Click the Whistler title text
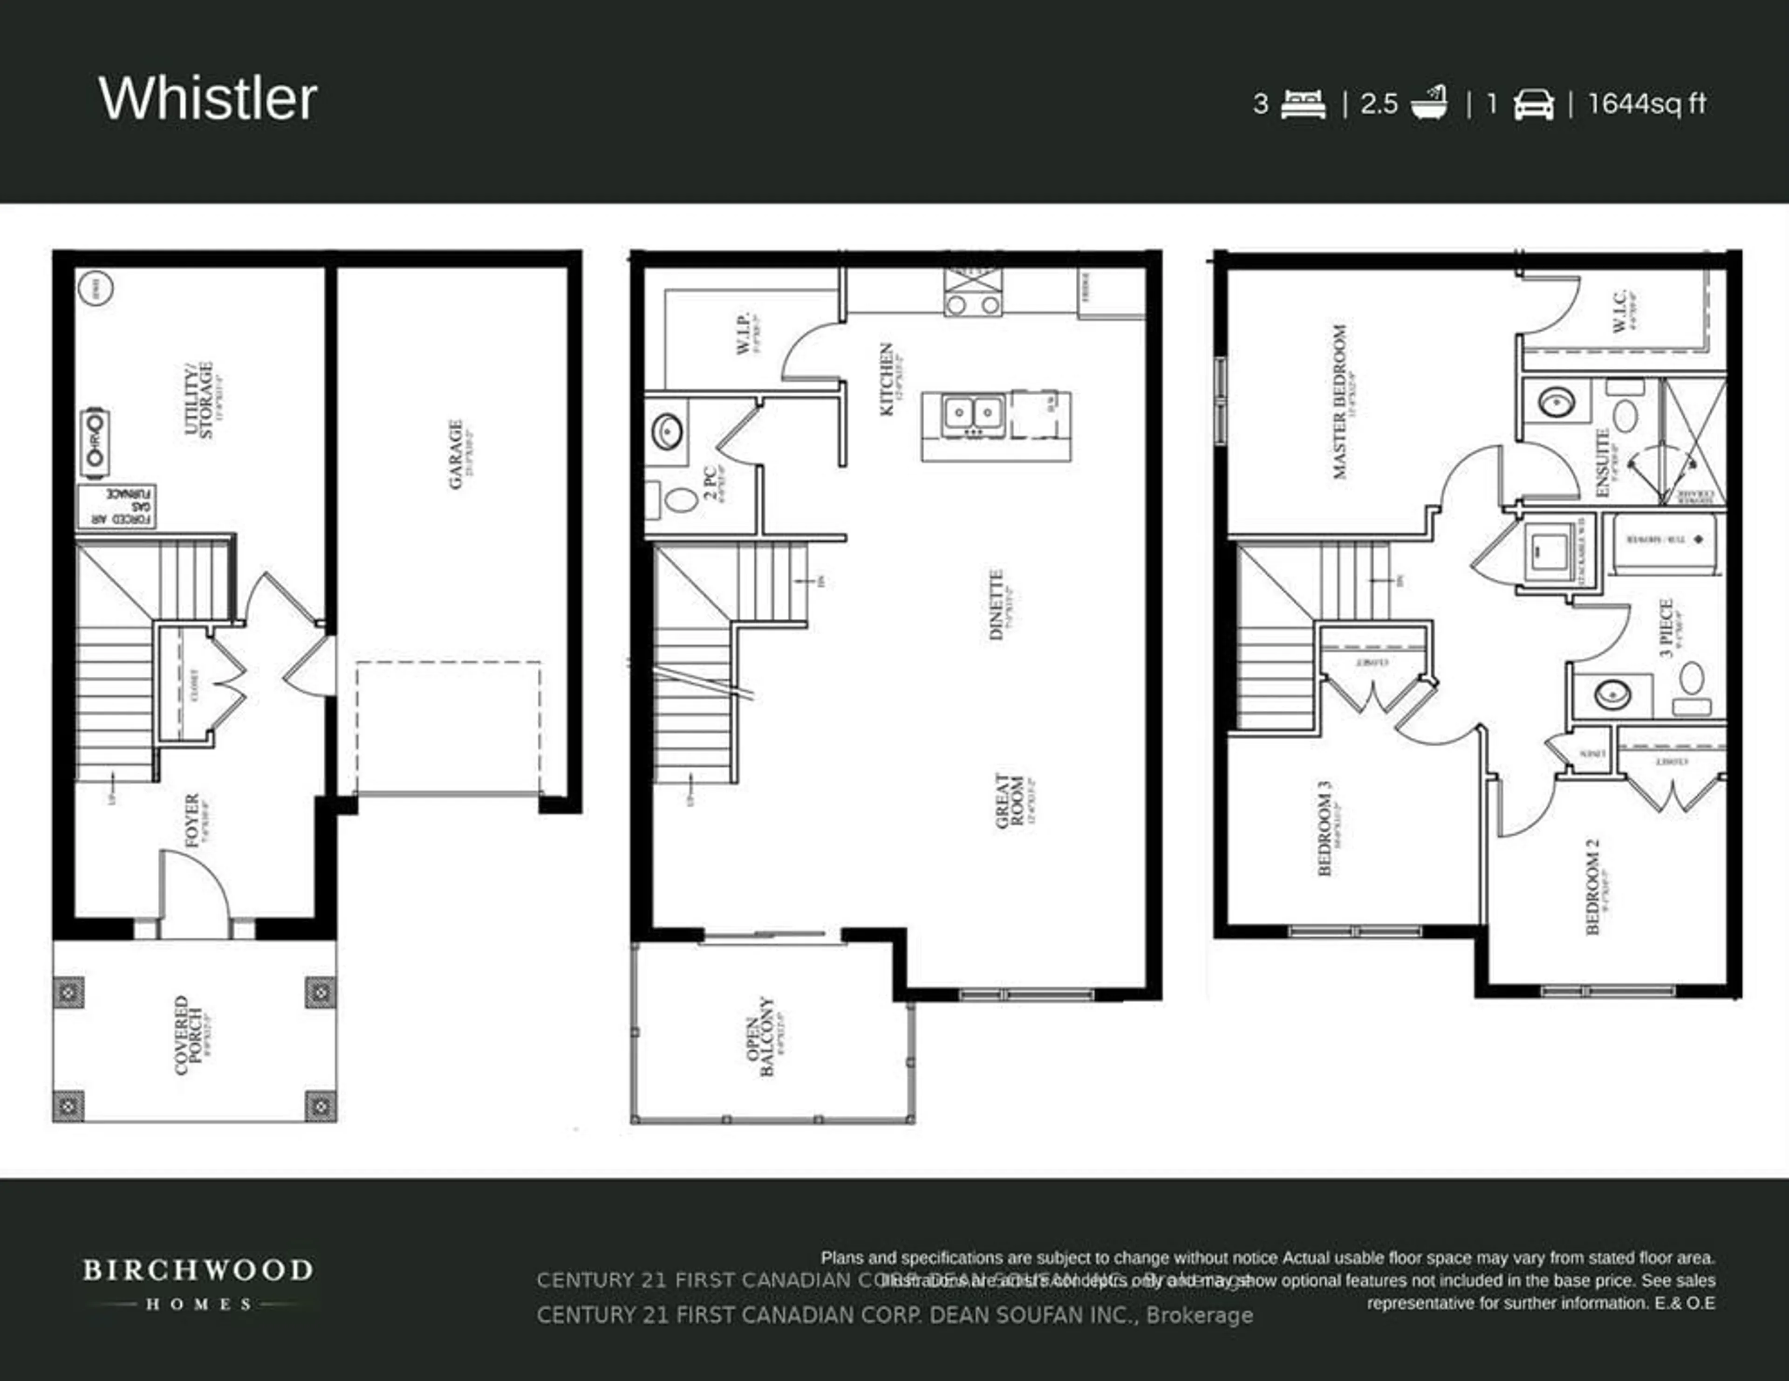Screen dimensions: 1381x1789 coord(208,99)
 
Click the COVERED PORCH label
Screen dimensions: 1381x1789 coord(188,1034)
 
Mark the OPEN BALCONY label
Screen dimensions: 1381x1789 coord(759,1036)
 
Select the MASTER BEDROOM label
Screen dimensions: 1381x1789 coord(1339,402)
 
